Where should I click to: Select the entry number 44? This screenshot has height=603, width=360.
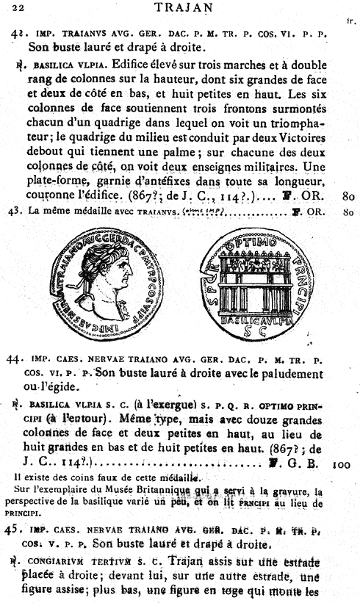point(15,360)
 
